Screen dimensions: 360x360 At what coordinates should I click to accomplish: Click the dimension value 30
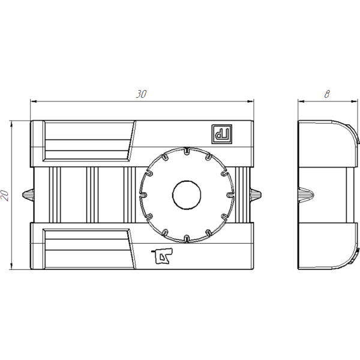pyautogui.click(x=141, y=94)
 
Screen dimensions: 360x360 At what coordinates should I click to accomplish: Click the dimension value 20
pyautogui.click(x=5, y=196)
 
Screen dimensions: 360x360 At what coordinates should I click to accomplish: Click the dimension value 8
pyautogui.click(x=327, y=94)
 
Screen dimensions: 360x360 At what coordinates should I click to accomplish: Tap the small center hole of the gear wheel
pyautogui.click(x=187, y=195)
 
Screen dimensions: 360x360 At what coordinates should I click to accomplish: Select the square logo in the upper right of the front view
pyautogui.click(x=222, y=134)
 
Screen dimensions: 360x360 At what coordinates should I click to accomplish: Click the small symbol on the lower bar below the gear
pyautogui.click(x=163, y=256)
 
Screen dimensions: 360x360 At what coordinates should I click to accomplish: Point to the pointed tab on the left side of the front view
pyautogui.click(x=28, y=195)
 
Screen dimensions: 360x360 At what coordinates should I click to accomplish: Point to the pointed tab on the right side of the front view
pyautogui.click(x=256, y=195)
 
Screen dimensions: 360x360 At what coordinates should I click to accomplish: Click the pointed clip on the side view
pyautogui.click(x=306, y=195)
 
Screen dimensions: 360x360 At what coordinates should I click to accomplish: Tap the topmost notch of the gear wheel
pyautogui.click(x=187, y=151)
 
